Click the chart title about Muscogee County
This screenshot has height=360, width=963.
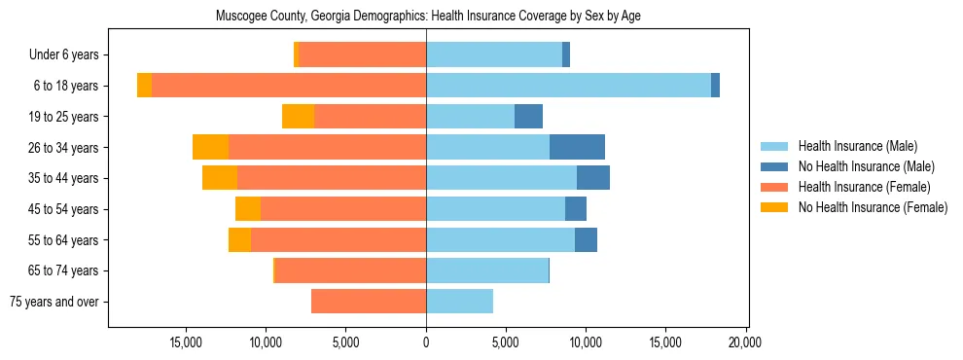pyautogui.click(x=427, y=17)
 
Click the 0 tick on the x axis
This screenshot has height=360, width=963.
pyautogui.click(x=426, y=342)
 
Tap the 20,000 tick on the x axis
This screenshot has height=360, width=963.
pyautogui.click(x=746, y=342)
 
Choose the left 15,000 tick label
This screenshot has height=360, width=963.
pyautogui.click(x=186, y=342)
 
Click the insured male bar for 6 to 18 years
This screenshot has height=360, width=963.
pyautogui.click(x=568, y=86)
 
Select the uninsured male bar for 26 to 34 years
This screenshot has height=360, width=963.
pyautogui.click(x=577, y=147)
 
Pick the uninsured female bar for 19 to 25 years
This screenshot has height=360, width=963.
pyautogui.click(x=298, y=117)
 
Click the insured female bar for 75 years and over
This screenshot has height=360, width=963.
pyautogui.click(x=369, y=302)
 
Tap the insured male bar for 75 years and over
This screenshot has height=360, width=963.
pyautogui.click(x=459, y=302)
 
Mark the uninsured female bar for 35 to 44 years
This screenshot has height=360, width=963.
pyautogui.click(x=220, y=178)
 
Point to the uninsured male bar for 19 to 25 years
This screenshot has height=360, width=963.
pyautogui.click(x=528, y=117)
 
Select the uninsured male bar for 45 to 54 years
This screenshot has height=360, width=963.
pyautogui.click(x=576, y=209)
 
